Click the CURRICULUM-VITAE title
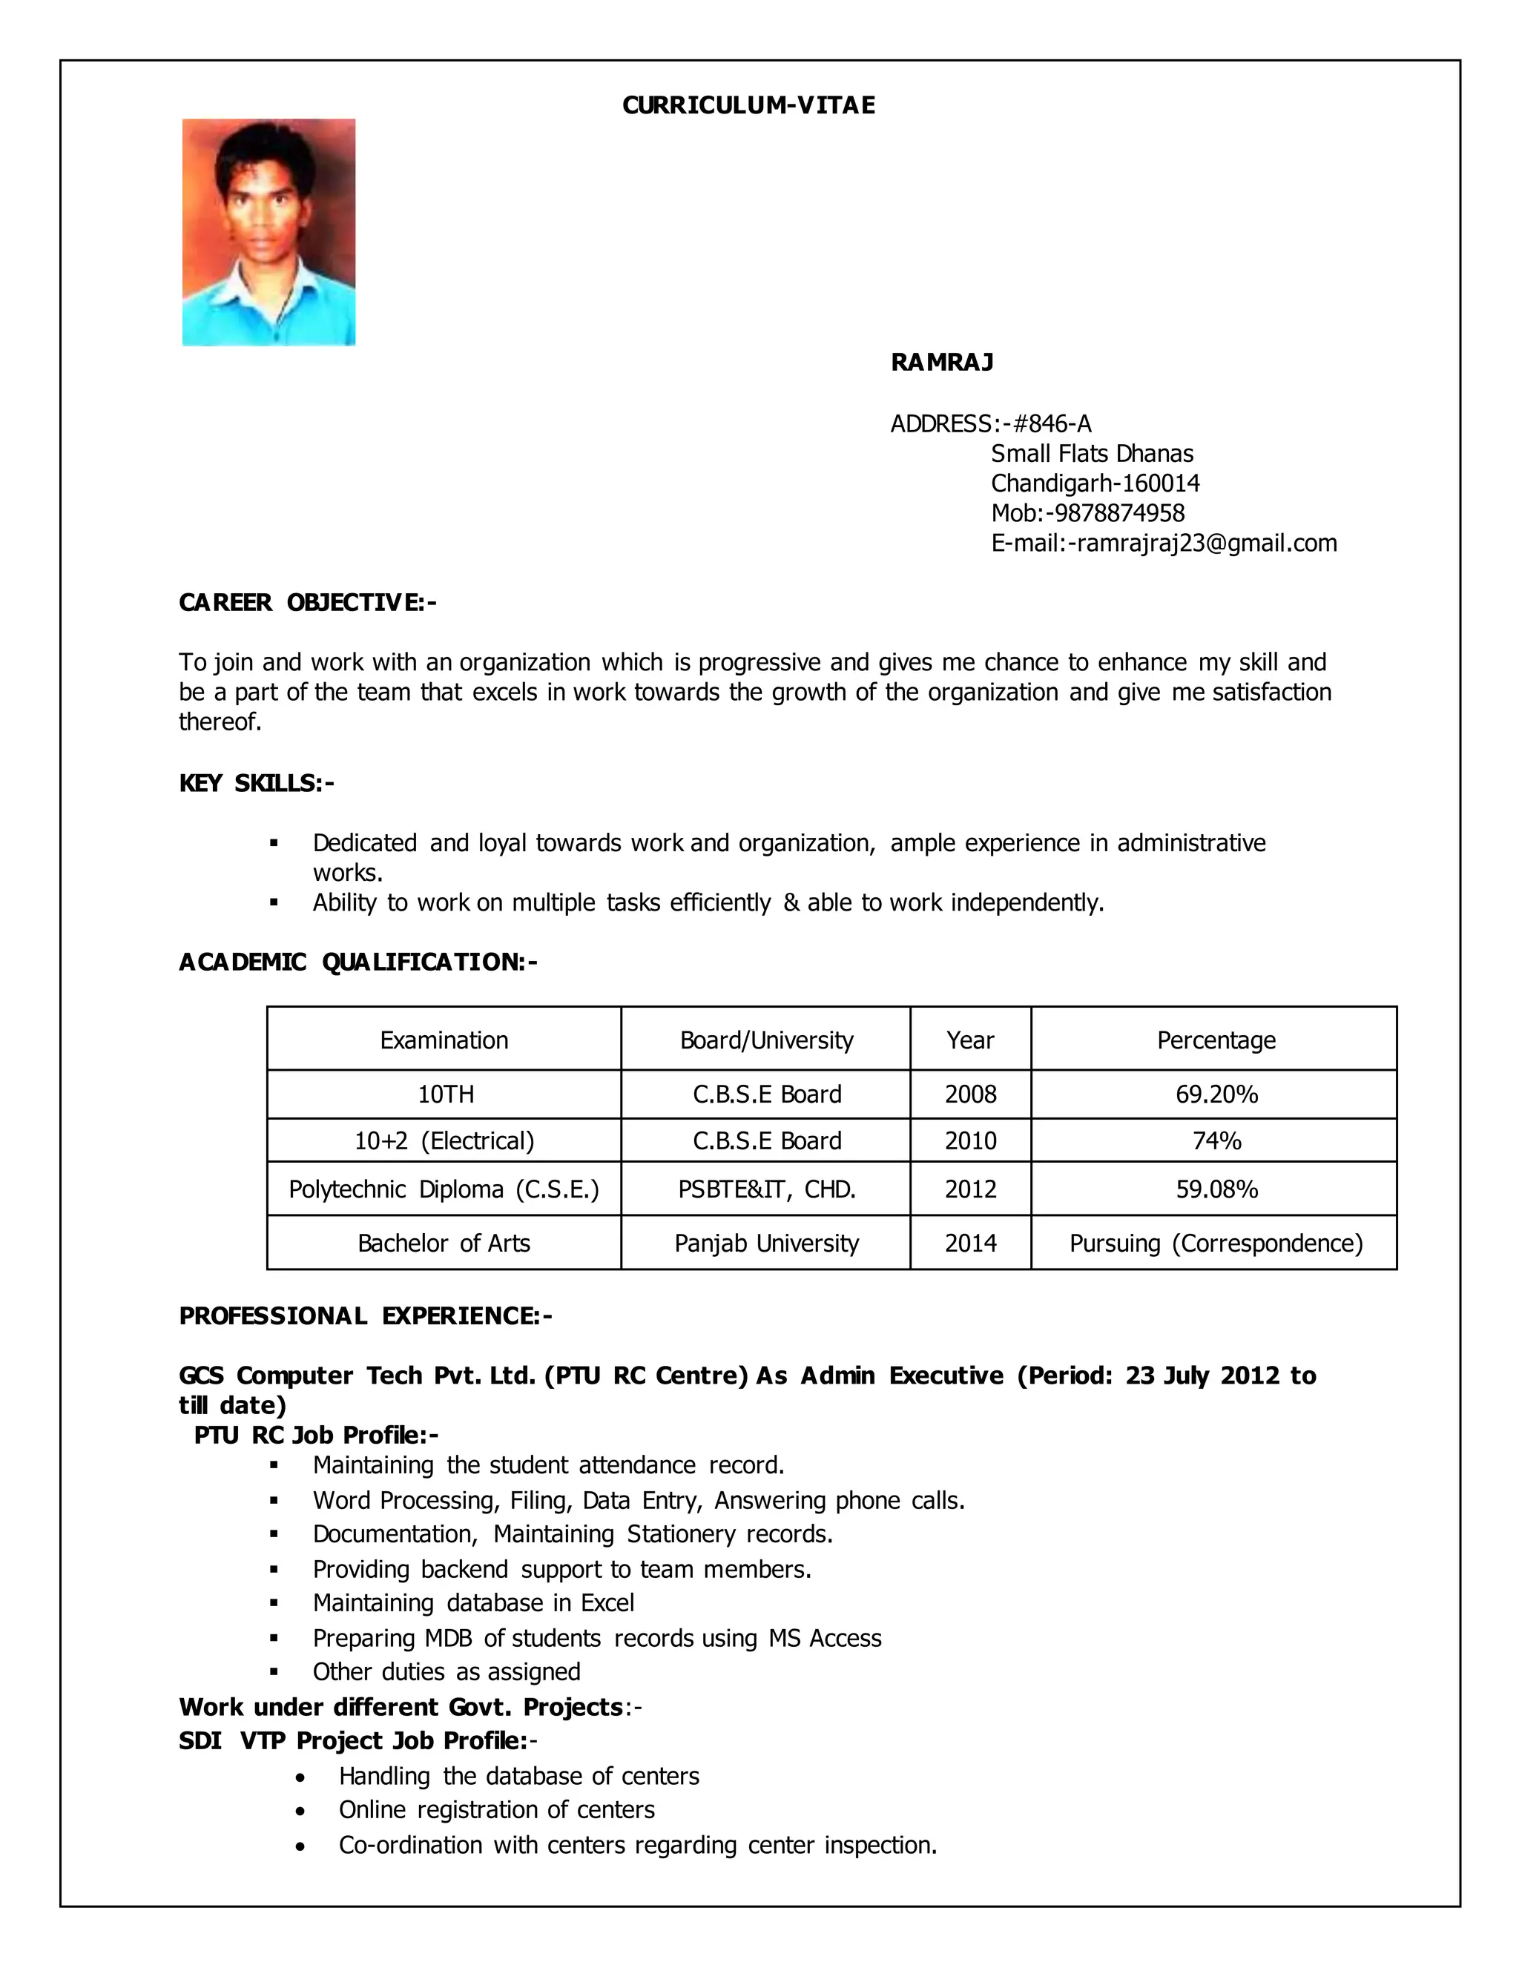[748, 105]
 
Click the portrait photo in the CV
[268, 232]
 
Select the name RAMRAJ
[941, 362]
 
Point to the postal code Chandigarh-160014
[1095, 483]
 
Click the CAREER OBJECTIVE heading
[308, 602]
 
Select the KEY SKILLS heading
[257, 783]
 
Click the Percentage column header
[1216, 1040]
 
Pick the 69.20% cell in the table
[1216, 1094]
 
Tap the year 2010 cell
[970, 1141]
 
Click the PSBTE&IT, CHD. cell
[767, 1189]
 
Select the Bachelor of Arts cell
[444, 1244]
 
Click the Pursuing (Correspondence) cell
[1216, 1244]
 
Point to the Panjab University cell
[767, 1244]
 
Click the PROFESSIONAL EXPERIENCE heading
[366, 1315]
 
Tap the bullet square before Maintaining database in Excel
[274, 1603]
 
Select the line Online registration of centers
[496, 1809]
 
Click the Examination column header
[444, 1040]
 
